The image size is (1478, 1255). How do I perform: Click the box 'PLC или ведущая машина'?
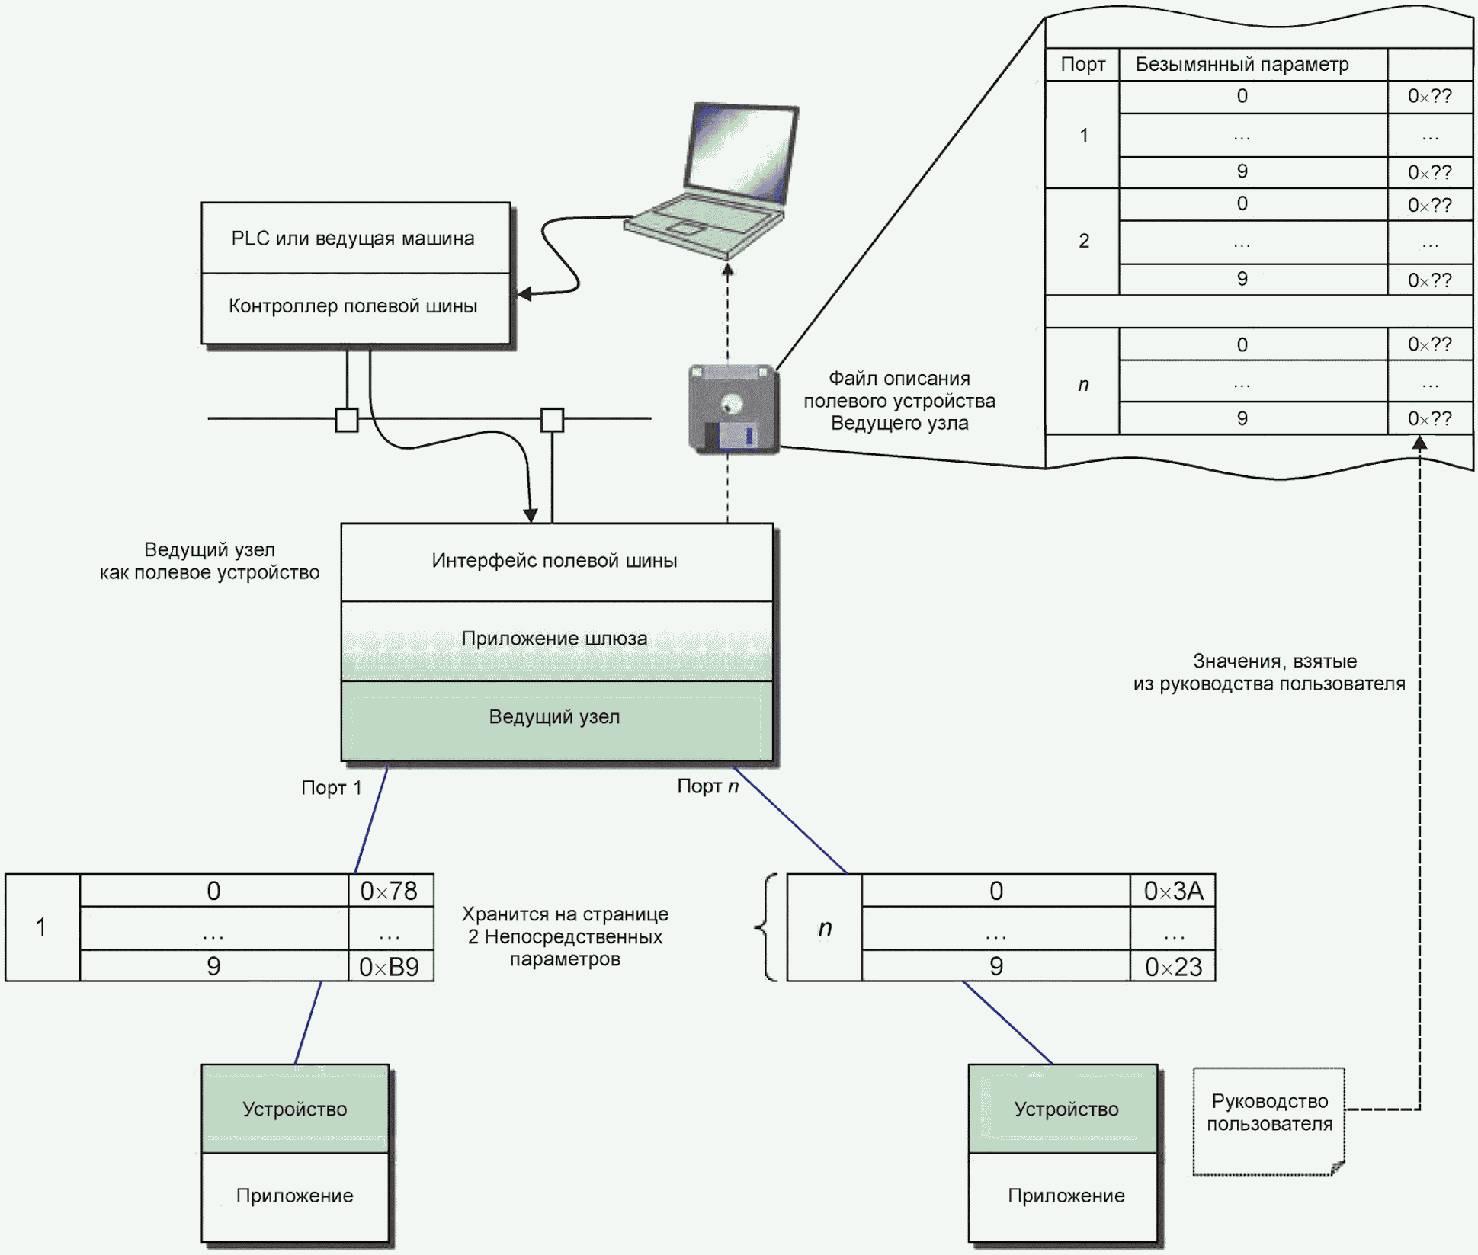[355, 238]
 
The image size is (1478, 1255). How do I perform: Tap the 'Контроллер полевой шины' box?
[355, 307]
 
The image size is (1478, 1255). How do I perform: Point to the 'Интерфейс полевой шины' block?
[556, 562]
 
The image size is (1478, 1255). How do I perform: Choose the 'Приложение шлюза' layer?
[556, 639]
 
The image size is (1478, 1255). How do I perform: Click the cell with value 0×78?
[390, 891]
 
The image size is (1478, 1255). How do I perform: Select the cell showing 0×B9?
[390, 967]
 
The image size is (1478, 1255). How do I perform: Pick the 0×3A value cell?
[1172, 891]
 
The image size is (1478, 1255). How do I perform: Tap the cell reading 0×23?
[1172, 967]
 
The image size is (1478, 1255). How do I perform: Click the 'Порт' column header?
[1082, 65]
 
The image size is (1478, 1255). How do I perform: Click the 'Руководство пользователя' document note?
[1269, 1120]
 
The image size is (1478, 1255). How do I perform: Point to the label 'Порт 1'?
[331, 788]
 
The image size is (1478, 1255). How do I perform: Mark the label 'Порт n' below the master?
[707, 786]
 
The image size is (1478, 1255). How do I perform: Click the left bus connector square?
[347, 420]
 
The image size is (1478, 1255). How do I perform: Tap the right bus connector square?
[552, 420]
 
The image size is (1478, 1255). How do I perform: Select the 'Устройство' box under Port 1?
[295, 1109]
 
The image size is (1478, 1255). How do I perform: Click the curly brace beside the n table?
[767, 927]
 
